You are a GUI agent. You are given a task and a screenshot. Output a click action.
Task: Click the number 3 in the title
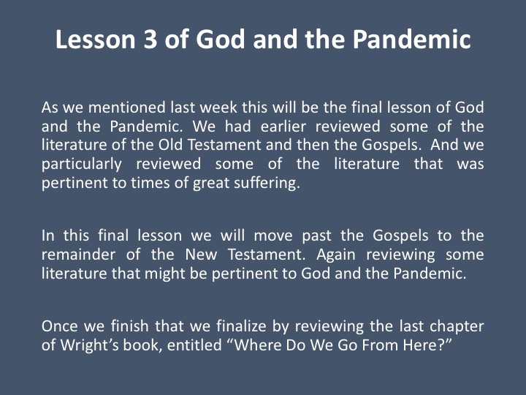[x=150, y=39]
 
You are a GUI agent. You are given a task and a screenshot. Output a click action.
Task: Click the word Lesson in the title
[x=95, y=39]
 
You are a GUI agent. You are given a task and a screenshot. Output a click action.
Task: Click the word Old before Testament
[x=170, y=145]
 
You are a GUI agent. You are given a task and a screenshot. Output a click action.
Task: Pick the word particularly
[x=82, y=165]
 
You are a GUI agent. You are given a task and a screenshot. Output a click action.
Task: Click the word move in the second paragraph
[x=273, y=236]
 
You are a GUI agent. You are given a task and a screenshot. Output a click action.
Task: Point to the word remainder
[x=78, y=255]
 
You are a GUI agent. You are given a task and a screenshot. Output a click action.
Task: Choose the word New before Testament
[x=202, y=255]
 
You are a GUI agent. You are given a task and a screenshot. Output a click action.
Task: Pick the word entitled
[x=194, y=345]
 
